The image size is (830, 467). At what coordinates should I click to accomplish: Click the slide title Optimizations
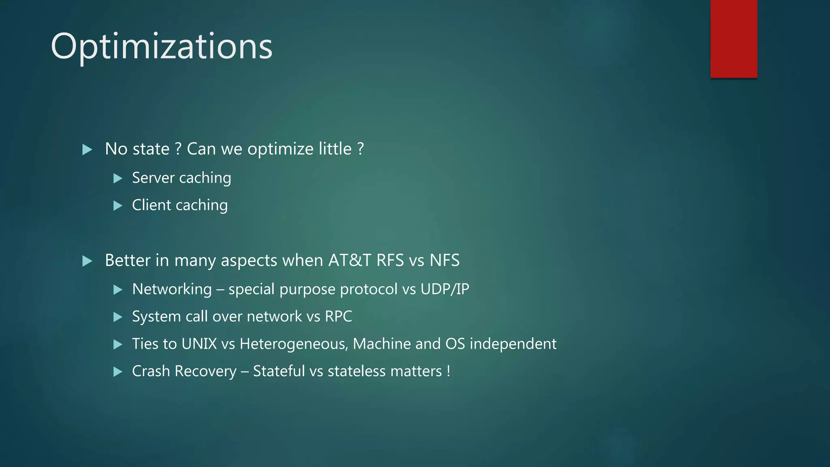pyautogui.click(x=161, y=47)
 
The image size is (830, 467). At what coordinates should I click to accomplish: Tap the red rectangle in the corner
pyautogui.click(x=734, y=39)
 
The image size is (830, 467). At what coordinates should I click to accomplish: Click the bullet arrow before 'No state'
pyautogui.click(x=87, y=150)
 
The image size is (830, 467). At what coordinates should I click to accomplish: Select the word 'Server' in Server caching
pyautogui.click(x=153, y=178)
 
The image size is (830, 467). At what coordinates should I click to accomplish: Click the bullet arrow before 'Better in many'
pyautogui.click(x=87, y=261)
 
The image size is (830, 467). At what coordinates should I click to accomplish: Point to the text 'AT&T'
pyautogui.click(x=349, y=260)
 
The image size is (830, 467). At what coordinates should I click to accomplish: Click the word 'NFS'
pyautogui.click(x=445, y=260)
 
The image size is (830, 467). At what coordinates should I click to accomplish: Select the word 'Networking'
pyautogui.click(x=172, y=289)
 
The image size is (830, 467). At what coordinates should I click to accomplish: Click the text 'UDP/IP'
pyautogui.click(x=445, y=289)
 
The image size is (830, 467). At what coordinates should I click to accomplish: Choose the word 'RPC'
pyautogui.click(x=338, y=317)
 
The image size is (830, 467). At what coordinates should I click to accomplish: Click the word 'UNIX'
pyautogui.click(x=199, y=344)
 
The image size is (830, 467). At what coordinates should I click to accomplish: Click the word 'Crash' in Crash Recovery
pyautogui.click(x=151, y=371)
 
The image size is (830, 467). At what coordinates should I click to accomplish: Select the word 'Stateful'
pyautogui.click(x=279, y=371)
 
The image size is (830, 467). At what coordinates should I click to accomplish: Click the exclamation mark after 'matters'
pyautogui.click(x=448, y=371)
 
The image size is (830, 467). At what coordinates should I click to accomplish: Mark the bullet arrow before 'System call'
pyautogui.click(x=118, y=317)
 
